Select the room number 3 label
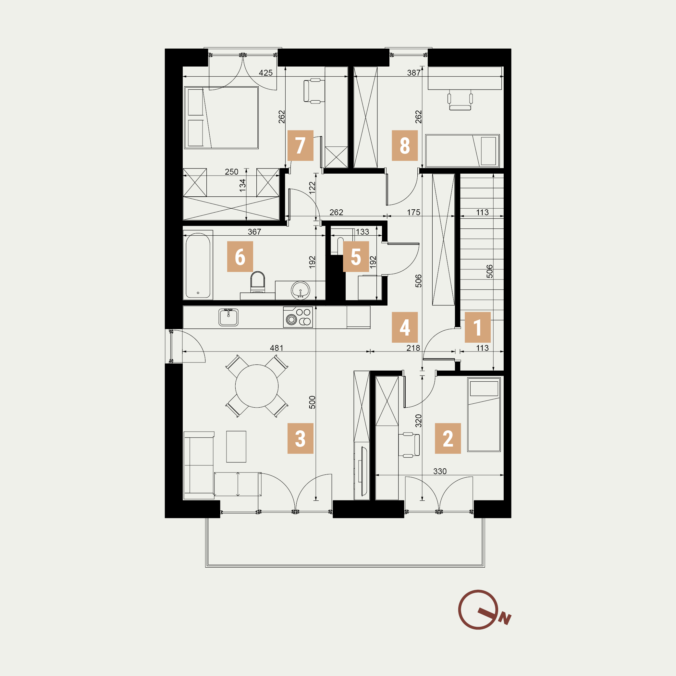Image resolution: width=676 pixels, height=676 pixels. click(300, 438)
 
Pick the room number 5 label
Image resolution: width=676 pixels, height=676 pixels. click(355, 256)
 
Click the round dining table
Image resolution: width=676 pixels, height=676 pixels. click(256, 386)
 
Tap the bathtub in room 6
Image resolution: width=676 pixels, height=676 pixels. click(198, 265)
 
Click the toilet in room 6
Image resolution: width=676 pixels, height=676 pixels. click(258, 282)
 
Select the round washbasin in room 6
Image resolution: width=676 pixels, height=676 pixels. click(300, 290)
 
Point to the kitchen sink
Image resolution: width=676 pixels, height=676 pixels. click(228, 317)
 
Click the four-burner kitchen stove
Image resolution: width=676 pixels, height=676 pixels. click(298, 317)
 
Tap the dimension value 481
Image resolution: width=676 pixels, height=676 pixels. click(277, 348)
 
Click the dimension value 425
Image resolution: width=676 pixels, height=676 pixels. click(265, 73)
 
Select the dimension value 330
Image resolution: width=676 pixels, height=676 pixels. click(440, 471)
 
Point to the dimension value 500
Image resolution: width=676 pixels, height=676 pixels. click(312, 402)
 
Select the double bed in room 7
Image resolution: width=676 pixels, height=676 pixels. click(221, 117)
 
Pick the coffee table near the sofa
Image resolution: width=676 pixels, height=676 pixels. click(236, 447)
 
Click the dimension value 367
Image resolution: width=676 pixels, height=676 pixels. click(254, 232)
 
